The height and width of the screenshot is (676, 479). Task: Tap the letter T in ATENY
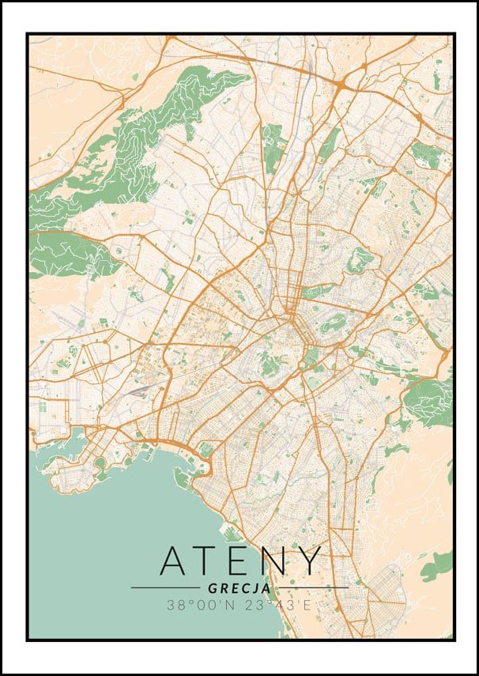[x=210, y=561]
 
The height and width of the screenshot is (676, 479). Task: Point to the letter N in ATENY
[x=276, y=561]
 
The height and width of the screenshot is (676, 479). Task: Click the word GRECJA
[x=239, y=588]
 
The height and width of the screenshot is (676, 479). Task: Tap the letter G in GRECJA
[x=213, y=588]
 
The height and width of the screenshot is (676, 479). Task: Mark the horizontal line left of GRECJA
[x=166, y=588]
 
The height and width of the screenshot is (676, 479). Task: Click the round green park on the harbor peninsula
[x=100, y=463]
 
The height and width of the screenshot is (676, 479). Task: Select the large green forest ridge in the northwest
[x=134, y=150]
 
